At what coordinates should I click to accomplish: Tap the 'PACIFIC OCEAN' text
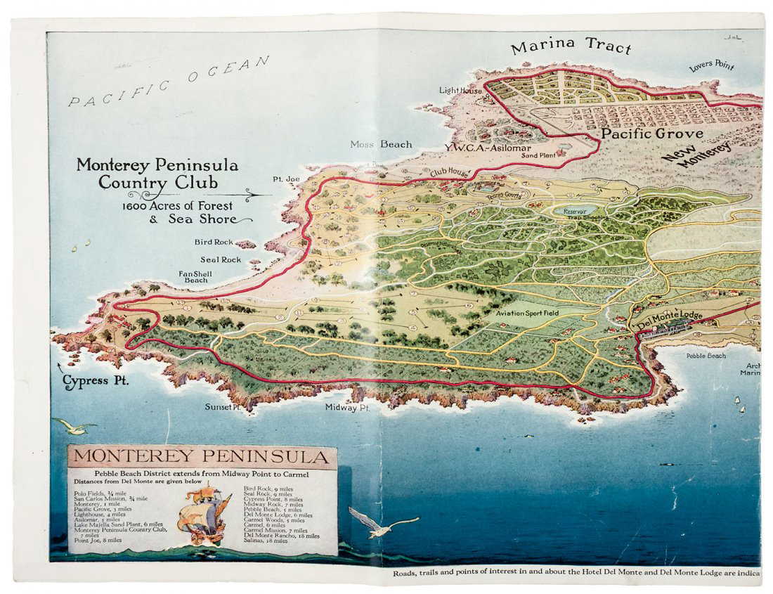pyautogui.click(x=169, y=82)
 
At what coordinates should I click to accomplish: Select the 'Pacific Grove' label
pyautogui.click(x=651, y=133)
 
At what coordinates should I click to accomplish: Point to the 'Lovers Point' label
pyautogui.click(x=711, y=66)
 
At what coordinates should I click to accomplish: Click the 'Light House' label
pyautogui.click(x=460, y=91)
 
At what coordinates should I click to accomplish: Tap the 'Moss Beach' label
pyautogui.click(x=381, y=144)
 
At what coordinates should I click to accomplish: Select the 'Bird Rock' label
pyautogui.click(x=214, y=242)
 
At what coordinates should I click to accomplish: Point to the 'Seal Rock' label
pyautogui.click(x=220, y=259)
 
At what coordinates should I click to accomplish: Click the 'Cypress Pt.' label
pyautogui.click(x=95, y=382)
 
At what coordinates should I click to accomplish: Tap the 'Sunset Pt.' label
pyautogui.click(x=223, y=406)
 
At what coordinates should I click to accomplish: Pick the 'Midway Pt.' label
pyautogui.click(x=347, y=407)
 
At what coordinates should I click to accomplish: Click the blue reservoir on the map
pyautogui.click(x=575, y=210)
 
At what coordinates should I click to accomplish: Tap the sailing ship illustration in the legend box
pyautogui.click(x=204, y=512)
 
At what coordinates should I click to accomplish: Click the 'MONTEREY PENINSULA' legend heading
pyautogui.click(x=201, y=456)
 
